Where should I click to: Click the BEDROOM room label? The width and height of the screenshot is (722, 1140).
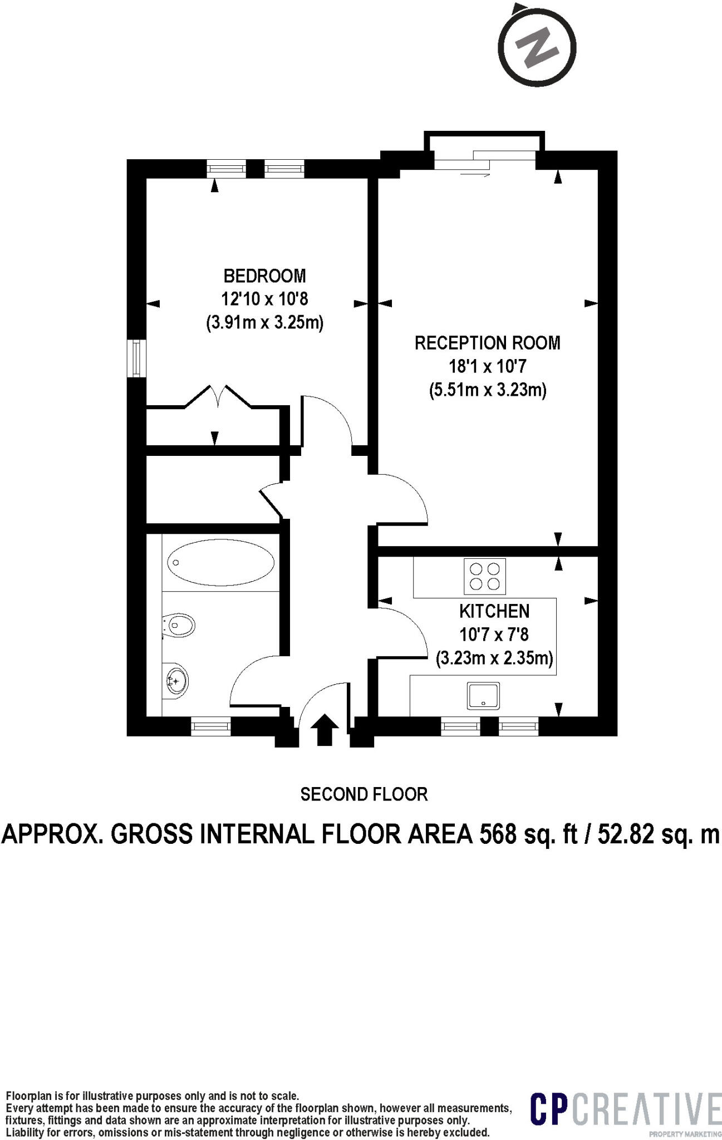click(x=264, y=276)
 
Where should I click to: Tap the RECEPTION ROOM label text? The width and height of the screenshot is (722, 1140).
click(x=488, y=342)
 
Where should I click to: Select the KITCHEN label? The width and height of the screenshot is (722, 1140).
click(x=494, y=611)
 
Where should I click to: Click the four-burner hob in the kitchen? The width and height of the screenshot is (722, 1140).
click(x=484, y=576)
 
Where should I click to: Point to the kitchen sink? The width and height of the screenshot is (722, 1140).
click(x=483, y=696)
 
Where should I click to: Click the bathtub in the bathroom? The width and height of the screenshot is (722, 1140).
click(x=221, y=562)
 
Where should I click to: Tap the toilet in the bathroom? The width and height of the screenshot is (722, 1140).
click(x=178, y=626)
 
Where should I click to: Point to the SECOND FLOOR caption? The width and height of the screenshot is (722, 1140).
click(x=364, y=794)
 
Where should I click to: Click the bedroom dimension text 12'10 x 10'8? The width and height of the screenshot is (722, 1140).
click(x=264, y=299)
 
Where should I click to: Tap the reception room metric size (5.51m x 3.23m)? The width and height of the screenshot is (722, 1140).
click(x=488, y=390)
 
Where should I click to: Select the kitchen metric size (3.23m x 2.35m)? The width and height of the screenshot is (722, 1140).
click(x=494, y=659)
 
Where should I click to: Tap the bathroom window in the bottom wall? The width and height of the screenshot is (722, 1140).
click(x=210, y=725)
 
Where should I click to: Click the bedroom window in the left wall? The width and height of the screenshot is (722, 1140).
click(x=136, y=358)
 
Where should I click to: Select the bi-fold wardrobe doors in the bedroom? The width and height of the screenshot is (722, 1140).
click(x=218, y=396)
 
